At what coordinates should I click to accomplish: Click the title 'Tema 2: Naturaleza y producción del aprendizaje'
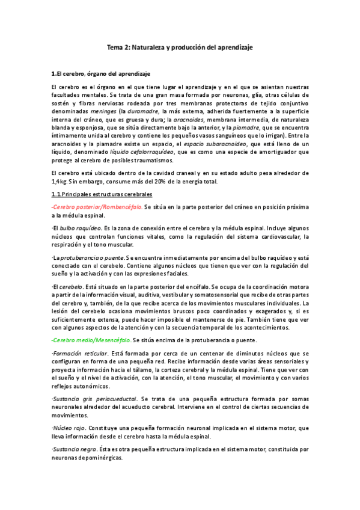click(x=180, y=47)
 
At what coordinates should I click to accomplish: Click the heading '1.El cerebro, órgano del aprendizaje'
click(x=100, y=74)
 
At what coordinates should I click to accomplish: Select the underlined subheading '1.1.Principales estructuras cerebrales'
click(x=102, y=194)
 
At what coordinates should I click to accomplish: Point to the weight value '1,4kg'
click(x=61, y=182)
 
